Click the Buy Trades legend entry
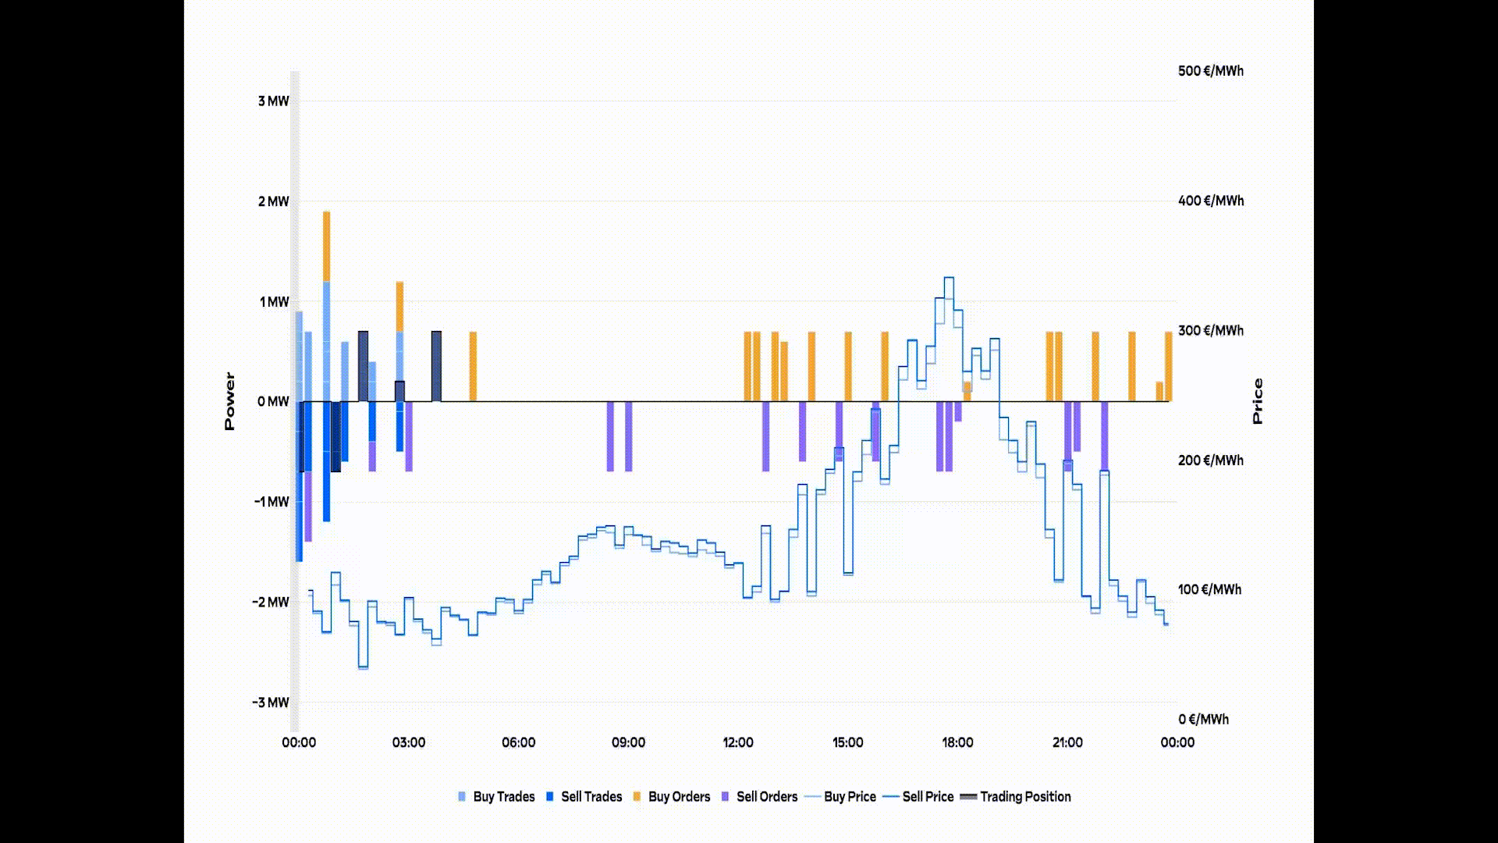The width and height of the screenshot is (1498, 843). [x=496, y=797]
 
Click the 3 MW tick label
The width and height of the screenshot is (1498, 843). [x=273, y=101]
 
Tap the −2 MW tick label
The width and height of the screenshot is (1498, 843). [x=271, y=603]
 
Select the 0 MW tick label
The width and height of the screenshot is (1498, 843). [x=273, y=402]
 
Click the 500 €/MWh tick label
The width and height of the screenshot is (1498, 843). [x=1211, y=71]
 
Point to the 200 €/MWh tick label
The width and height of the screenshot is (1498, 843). [x=1211, y=461]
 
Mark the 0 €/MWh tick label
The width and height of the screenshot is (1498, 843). [x=1203, y=720]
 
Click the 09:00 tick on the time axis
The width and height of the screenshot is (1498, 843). [x=628, y=742]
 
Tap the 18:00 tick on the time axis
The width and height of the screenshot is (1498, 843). [x=957, y=742]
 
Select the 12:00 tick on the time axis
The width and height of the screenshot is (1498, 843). [x=738, y=742]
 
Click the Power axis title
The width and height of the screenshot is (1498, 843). [x=229, y=401]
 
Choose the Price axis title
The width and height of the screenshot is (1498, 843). [x=1257, y=401]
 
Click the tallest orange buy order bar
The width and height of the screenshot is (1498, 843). [x=326, y=246]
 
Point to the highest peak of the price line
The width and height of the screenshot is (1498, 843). [x=949, y=278]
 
